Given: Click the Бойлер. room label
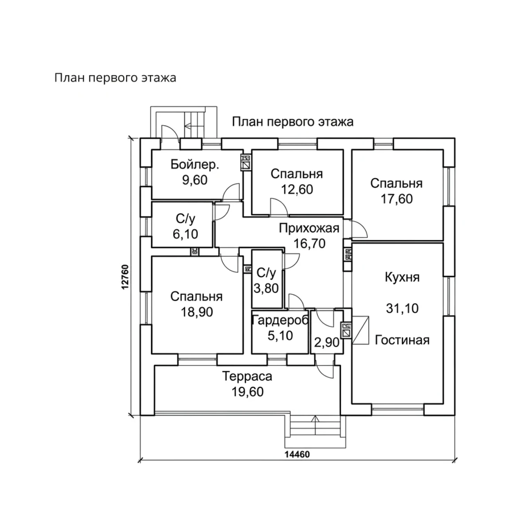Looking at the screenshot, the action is click(195, 165).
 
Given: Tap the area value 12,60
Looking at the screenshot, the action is click(297, 189).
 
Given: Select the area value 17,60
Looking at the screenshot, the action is click(397, 199).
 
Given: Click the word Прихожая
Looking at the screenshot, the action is click(309, 228).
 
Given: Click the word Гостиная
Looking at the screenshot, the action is click(402, 340).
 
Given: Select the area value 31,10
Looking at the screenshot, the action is click(402, 308).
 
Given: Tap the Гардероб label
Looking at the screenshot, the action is click(280, 321).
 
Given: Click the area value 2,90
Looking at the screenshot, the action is click(327, 342).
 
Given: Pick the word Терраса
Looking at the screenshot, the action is click(247, 376).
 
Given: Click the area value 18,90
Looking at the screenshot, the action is click(197, 312).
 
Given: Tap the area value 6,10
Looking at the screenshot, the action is click(185, 234).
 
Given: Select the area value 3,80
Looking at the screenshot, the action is click(266, 288).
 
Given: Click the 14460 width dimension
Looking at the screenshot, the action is click(297, 454).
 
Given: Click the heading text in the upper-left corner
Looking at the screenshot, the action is click(115, 78).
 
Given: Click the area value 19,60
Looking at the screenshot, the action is click(247, 392).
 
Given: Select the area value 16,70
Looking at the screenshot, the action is click(309, 244).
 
